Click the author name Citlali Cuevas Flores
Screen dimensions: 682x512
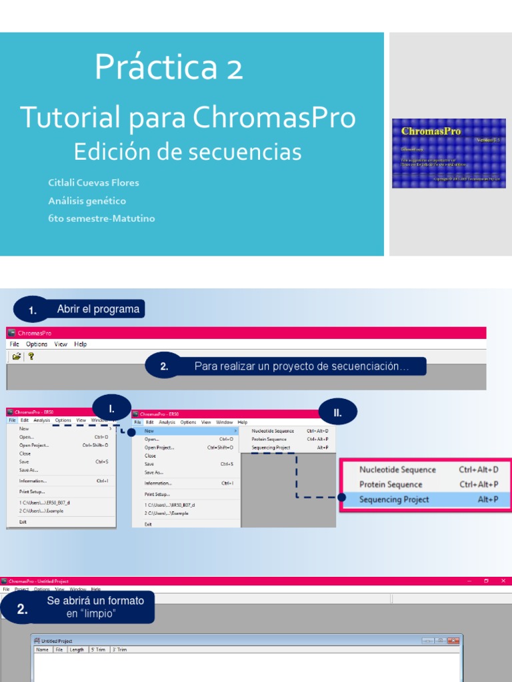point(93,182)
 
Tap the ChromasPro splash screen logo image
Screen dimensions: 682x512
point(449,153)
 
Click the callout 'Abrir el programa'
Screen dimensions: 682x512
point(98,309)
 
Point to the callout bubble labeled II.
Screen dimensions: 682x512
point(338,413)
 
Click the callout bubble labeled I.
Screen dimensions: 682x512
point(112,408)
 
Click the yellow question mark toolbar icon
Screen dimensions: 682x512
point(31,356)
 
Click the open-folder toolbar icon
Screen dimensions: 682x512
point(17,356)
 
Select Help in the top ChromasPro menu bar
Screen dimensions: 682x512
point(81,344)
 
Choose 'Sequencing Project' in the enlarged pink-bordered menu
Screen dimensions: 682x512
point(394,499)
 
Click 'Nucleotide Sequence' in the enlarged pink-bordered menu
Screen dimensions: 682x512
point(397,470)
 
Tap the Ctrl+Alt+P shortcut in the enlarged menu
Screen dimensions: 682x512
point(479,484)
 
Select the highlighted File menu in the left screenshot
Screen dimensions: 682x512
point(12,420)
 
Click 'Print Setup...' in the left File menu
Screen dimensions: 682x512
point(32,492)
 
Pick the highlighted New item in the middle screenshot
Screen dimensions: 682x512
point(149,431)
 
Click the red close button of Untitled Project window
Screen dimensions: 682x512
point(455,641)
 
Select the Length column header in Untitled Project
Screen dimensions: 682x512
point(77,649)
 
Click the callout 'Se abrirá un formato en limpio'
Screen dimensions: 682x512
point(95,607)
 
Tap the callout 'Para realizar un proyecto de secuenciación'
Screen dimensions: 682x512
point(301,366)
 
